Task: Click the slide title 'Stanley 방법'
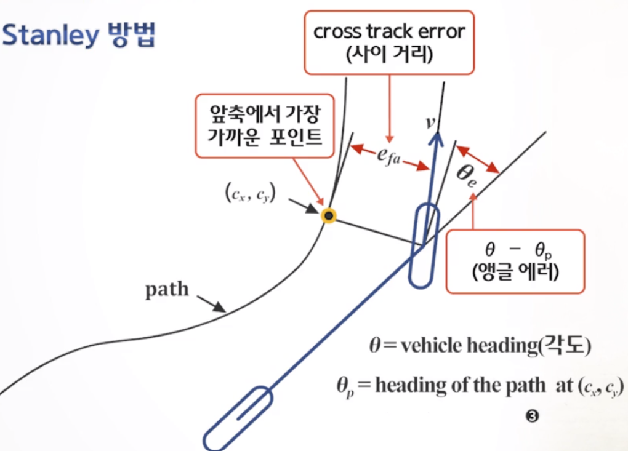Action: (79, 36)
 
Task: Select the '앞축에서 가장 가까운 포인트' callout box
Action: (265, 126)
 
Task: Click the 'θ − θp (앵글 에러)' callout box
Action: (515, 261)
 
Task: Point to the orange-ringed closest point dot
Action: (329, 215)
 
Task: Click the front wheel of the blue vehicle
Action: (425, 245)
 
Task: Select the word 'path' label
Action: (167, 289)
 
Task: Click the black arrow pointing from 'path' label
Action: (211, 303)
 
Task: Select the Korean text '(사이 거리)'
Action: (390, 54)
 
